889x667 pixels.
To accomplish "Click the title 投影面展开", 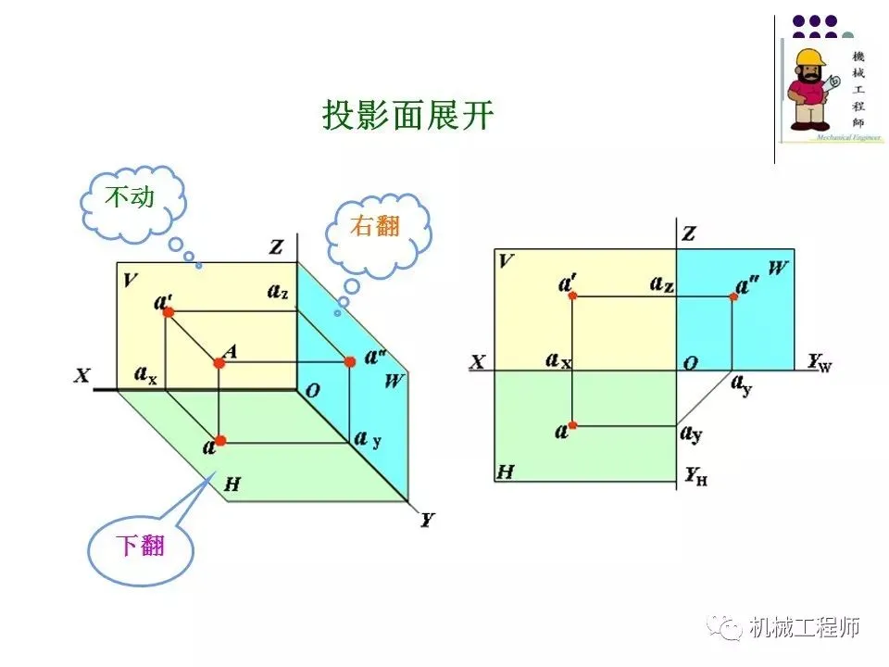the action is (x=408, y=116).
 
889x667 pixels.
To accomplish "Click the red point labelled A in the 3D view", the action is (x=219, y=362).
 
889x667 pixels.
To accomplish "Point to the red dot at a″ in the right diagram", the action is (x=733, y=296).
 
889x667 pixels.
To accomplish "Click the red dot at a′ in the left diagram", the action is (x=169, y=312).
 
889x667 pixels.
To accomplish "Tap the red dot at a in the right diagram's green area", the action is (x=572, y=425).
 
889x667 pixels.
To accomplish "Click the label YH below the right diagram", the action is (x=696, y=478).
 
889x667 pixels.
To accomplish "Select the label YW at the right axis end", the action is (x=819, y=362).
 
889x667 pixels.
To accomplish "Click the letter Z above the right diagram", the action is (x=688, y=233).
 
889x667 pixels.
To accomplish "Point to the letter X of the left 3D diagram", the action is (x=82, y=376).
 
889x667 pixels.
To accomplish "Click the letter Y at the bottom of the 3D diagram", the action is (x=426, y=520).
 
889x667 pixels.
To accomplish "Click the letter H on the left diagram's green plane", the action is (x=232, y=484).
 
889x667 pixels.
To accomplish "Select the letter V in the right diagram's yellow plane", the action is (x=506, y=260).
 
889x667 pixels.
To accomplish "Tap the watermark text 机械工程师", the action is (x=805, y=627).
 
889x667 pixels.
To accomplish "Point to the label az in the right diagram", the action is (x=661, y=283).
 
